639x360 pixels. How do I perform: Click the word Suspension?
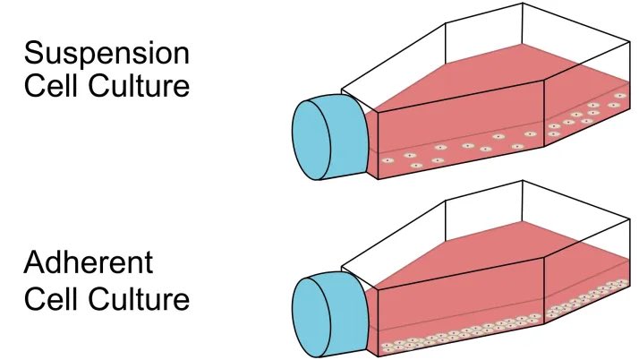pyautogui.click(x=106, y=53)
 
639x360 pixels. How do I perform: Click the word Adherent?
pyautogui.click(x=89, y=264)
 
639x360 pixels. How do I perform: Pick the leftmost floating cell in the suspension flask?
pyautogui.click(x=388, y=160)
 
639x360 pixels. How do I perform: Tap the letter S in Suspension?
pyautogui.click(x=35, y=53)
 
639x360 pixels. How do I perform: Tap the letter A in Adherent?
pyautogui.click(x=36, y=264)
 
